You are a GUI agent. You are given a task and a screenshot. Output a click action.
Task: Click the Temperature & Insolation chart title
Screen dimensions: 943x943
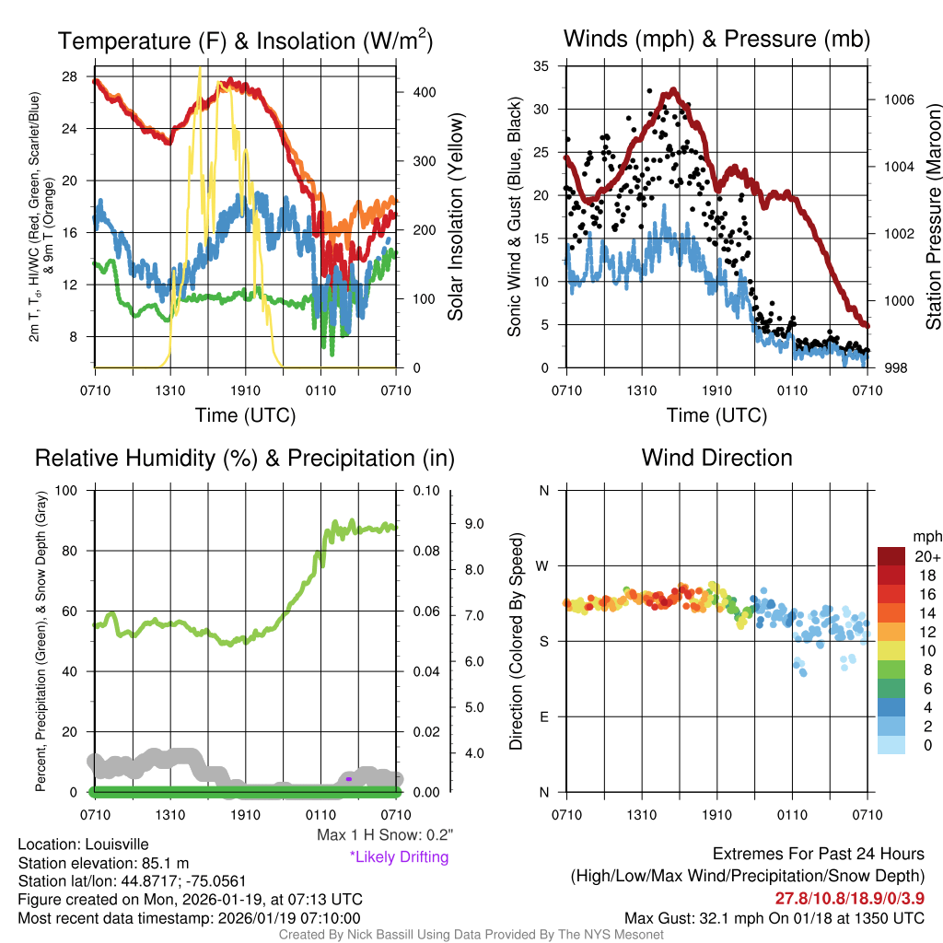(245, 41)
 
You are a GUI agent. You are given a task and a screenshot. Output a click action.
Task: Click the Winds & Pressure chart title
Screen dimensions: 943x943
(716, 39)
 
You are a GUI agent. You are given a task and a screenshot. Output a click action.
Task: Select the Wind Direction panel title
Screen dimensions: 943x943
(716, 458)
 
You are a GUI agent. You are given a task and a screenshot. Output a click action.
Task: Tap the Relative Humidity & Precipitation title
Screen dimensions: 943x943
(244, 458)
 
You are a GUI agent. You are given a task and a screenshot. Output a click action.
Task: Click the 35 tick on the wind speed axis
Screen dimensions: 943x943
(541, 65)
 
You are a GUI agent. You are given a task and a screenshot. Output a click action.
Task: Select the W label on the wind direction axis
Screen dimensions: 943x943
(543, 565)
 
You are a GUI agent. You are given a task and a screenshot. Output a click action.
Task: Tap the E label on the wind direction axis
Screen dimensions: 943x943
(543, 716)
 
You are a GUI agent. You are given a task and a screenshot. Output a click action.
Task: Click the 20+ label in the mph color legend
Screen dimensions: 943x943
(927, 557)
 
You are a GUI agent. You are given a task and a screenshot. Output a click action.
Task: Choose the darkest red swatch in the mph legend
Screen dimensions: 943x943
(891, 557)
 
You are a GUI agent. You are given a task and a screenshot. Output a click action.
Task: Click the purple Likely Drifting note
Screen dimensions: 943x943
(399, 857)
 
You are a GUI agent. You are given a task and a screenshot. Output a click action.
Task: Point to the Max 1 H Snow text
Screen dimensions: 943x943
(384, 835)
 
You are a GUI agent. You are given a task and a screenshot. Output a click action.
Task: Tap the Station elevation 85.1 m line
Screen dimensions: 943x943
(103, 863)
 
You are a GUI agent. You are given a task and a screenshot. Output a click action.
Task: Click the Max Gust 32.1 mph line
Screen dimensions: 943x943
(774, 918)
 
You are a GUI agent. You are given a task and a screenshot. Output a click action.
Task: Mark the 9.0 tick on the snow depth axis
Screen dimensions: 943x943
(474, 524)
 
